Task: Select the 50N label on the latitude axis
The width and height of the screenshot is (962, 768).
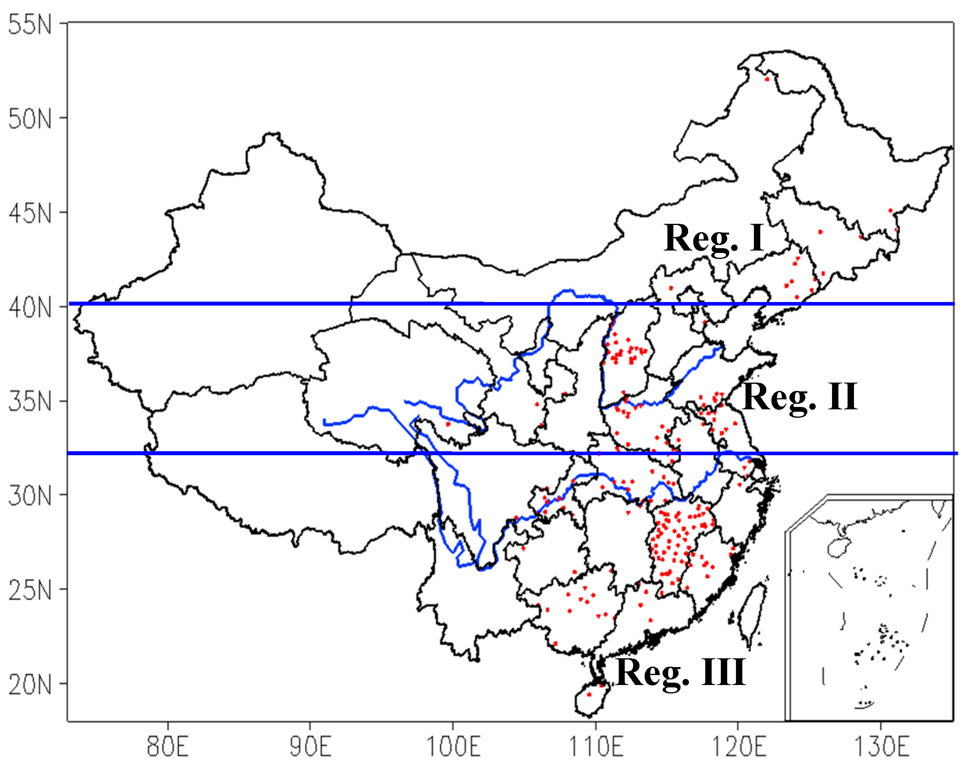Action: pos(30,119)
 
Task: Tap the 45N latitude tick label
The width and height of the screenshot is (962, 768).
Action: pos(30,213)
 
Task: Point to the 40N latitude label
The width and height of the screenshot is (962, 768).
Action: pos(30,308)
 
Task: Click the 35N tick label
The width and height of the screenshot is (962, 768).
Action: pos(30,401)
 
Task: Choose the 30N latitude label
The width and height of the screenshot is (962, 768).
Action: pos(30,495)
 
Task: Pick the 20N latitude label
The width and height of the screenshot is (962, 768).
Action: pos(30,684)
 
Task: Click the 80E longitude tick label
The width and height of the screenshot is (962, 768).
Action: pos(168,746)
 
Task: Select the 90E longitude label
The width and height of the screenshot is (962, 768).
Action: pos(311,746)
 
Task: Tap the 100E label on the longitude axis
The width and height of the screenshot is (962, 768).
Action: pos(453,746)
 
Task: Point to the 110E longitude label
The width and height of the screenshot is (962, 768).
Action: pos(596,746)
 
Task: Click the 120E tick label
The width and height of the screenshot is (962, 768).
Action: pos(739,746)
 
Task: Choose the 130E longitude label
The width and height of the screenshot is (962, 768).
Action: pos(882,746)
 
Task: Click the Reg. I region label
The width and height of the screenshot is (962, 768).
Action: pos(714,239)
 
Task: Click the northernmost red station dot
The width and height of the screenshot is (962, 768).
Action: pos(767,79)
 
